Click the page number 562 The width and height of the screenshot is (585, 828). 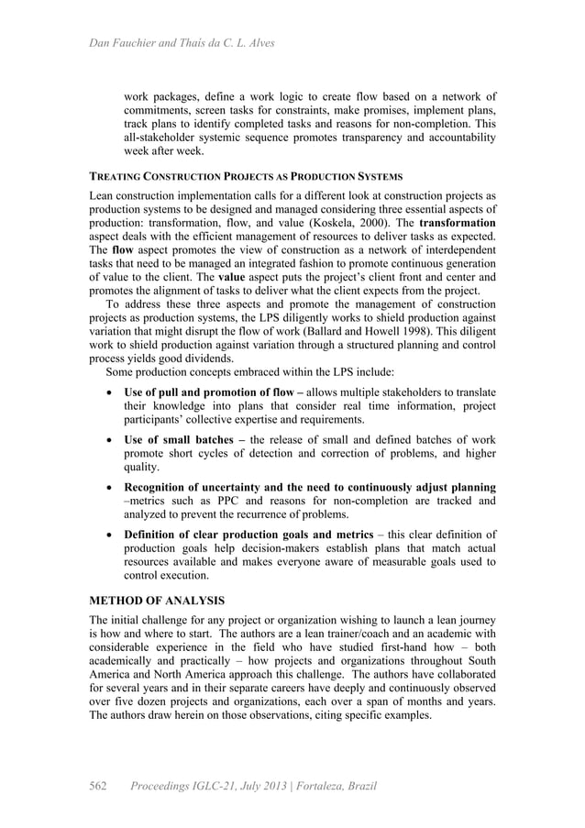click(98, 786)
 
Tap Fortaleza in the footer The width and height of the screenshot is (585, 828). click(307, 786)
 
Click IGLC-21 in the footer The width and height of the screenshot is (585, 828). click(219, 786)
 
